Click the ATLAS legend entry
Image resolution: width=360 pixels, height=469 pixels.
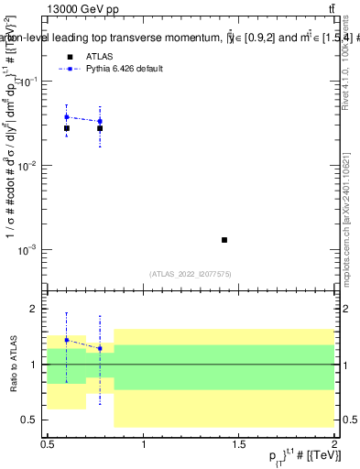(x=93, y=55)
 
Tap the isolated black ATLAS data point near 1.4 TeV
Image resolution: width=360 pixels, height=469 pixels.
(x=224, y=240)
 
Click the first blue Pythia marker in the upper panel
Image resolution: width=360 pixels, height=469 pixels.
(x=67, y=117)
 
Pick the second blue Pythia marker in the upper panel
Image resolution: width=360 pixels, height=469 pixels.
(x=100, y=121)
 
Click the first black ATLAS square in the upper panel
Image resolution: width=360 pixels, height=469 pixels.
(x=67, y=128)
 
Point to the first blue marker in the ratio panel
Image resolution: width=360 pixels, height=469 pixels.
(x=67, y=340)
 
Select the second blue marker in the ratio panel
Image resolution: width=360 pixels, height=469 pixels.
(x=100, y=349)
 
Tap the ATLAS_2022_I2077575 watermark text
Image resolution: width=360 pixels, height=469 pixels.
(x=190, y=273)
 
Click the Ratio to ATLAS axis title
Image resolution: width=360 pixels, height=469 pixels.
(x=11, y=365)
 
